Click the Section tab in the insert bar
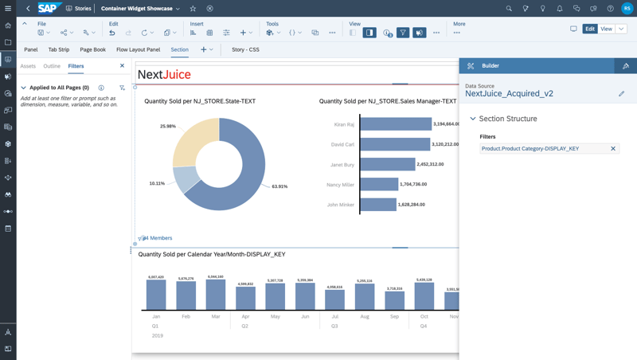179,49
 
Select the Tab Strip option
59,49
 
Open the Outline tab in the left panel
52,66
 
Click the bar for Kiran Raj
396,124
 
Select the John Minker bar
378,205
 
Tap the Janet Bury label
342,165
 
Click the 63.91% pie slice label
279,186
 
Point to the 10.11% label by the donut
157,183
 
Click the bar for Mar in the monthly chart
216,295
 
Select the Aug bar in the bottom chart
365,297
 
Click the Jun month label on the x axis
305,316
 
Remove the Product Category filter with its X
613,149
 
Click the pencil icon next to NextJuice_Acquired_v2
622,94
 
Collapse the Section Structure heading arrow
473,119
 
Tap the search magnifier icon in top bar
509,9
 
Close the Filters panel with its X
122,66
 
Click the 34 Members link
157,238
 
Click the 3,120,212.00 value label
446,145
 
